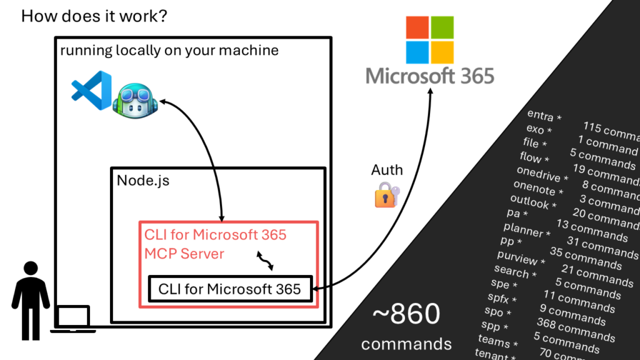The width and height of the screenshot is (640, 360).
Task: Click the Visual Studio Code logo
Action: point(91,91)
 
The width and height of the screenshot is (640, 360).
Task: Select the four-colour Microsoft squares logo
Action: point(431,39)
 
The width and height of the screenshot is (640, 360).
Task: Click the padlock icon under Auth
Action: point(386,195)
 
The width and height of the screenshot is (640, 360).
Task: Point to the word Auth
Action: point(387,170)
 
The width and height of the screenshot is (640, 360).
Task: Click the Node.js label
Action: point(143,181)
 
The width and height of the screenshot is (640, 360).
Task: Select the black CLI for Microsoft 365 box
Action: point(229,289)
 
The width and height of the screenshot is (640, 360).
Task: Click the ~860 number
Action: point(406,315)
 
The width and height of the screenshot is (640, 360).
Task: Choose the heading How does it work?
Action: point(94,16)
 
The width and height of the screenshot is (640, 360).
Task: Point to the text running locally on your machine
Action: point(169,51)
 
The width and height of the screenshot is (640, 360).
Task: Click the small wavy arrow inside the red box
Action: point(266,261)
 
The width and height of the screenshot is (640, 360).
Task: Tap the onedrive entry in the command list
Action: point(541,174)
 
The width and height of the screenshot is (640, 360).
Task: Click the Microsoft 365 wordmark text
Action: point(430,77)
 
